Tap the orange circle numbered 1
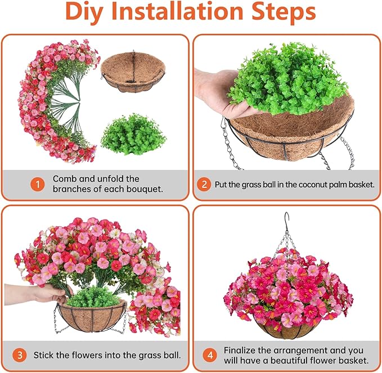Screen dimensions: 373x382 (38, 184)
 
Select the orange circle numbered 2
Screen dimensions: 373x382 (205, 184)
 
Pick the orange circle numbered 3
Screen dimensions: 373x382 (20, 355)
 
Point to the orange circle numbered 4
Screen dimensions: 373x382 (209, 355)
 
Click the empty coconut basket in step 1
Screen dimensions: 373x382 (134, 73)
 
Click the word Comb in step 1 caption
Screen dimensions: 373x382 (65, 178)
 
